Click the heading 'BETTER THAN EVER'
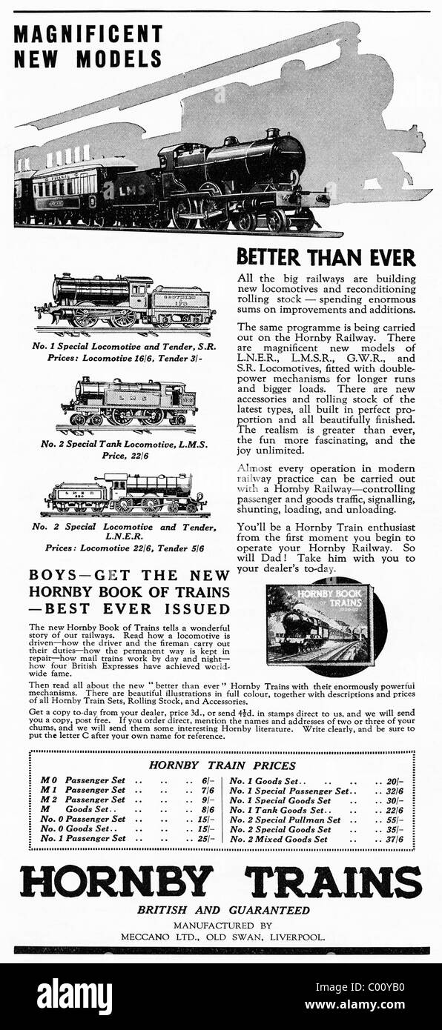[326, 258]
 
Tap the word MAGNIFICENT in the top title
[88, 34]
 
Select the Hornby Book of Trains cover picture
[320, 623]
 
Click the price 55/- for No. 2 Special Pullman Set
[395, 820]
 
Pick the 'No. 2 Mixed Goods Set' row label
[279, 840]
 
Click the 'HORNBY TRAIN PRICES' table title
[222, 765]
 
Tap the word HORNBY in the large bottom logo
[116, 881]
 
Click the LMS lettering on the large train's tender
[128, 190]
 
